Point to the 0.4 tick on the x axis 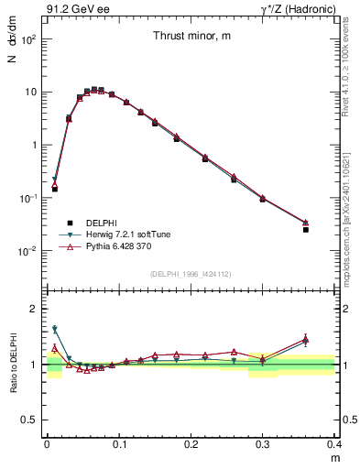[335, 442]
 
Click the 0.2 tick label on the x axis [191, 442]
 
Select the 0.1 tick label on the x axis [119, 442]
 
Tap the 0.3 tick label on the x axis [263, 442]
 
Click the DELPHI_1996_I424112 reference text [191, 273]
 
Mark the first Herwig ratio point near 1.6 [54, 329]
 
